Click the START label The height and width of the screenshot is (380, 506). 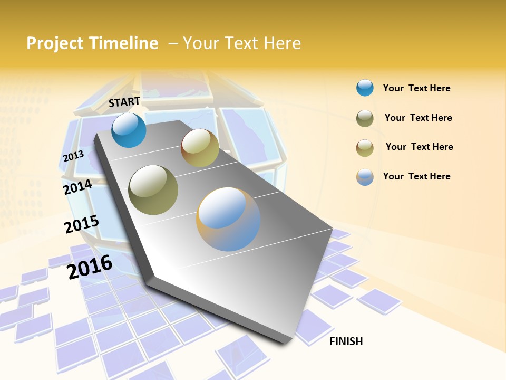(x=124, y=102)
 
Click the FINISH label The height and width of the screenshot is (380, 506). (x=346, y=341)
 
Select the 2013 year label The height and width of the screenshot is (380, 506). (x=73, y=156)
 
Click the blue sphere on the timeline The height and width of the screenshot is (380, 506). (x=129, y=130)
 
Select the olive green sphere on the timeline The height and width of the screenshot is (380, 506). (x=153, y=190)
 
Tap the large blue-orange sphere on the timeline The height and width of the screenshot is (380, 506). (x=228, y=219)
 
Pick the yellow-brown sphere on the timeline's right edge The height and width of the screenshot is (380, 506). (x=200, y=148)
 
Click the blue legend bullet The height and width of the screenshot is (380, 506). (x=365, y=88)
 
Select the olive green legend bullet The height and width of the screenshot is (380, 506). (x=365, y=118)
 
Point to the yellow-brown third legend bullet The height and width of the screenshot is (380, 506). (x=365, y=148)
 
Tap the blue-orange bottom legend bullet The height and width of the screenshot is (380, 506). (x=365, y=177)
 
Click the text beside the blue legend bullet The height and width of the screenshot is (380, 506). (x=416, y=88)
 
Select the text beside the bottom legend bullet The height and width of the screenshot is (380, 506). (x=416, y=176)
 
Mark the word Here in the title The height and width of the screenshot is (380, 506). (x=281, y=43)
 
